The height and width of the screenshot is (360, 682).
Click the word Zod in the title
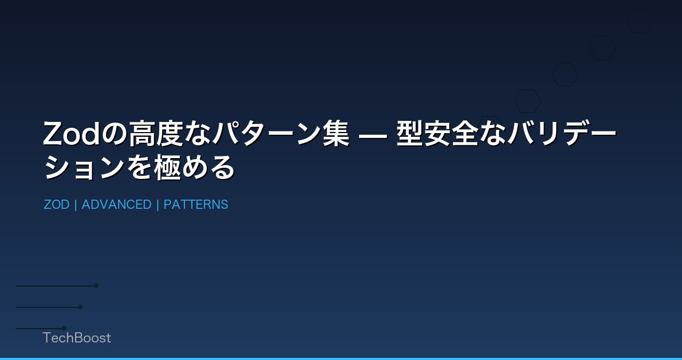(71, 134)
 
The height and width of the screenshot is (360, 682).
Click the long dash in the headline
(373, 135)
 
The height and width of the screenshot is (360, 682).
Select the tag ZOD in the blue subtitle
(56, 204)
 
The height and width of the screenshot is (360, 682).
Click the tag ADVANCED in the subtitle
(117, 204)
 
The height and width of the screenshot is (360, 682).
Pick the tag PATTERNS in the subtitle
(196, 204)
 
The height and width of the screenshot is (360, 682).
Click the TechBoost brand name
(77, 338)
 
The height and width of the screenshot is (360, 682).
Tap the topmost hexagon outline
(639, 21)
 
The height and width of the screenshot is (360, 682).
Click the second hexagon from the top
(602, 48)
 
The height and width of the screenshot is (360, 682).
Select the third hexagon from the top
(565, 75)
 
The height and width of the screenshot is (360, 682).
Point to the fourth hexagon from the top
(527, 101)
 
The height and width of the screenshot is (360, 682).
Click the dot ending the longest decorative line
(96, 285)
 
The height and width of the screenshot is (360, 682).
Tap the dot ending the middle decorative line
(80, 307)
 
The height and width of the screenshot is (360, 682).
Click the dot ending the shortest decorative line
(64, 328)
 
